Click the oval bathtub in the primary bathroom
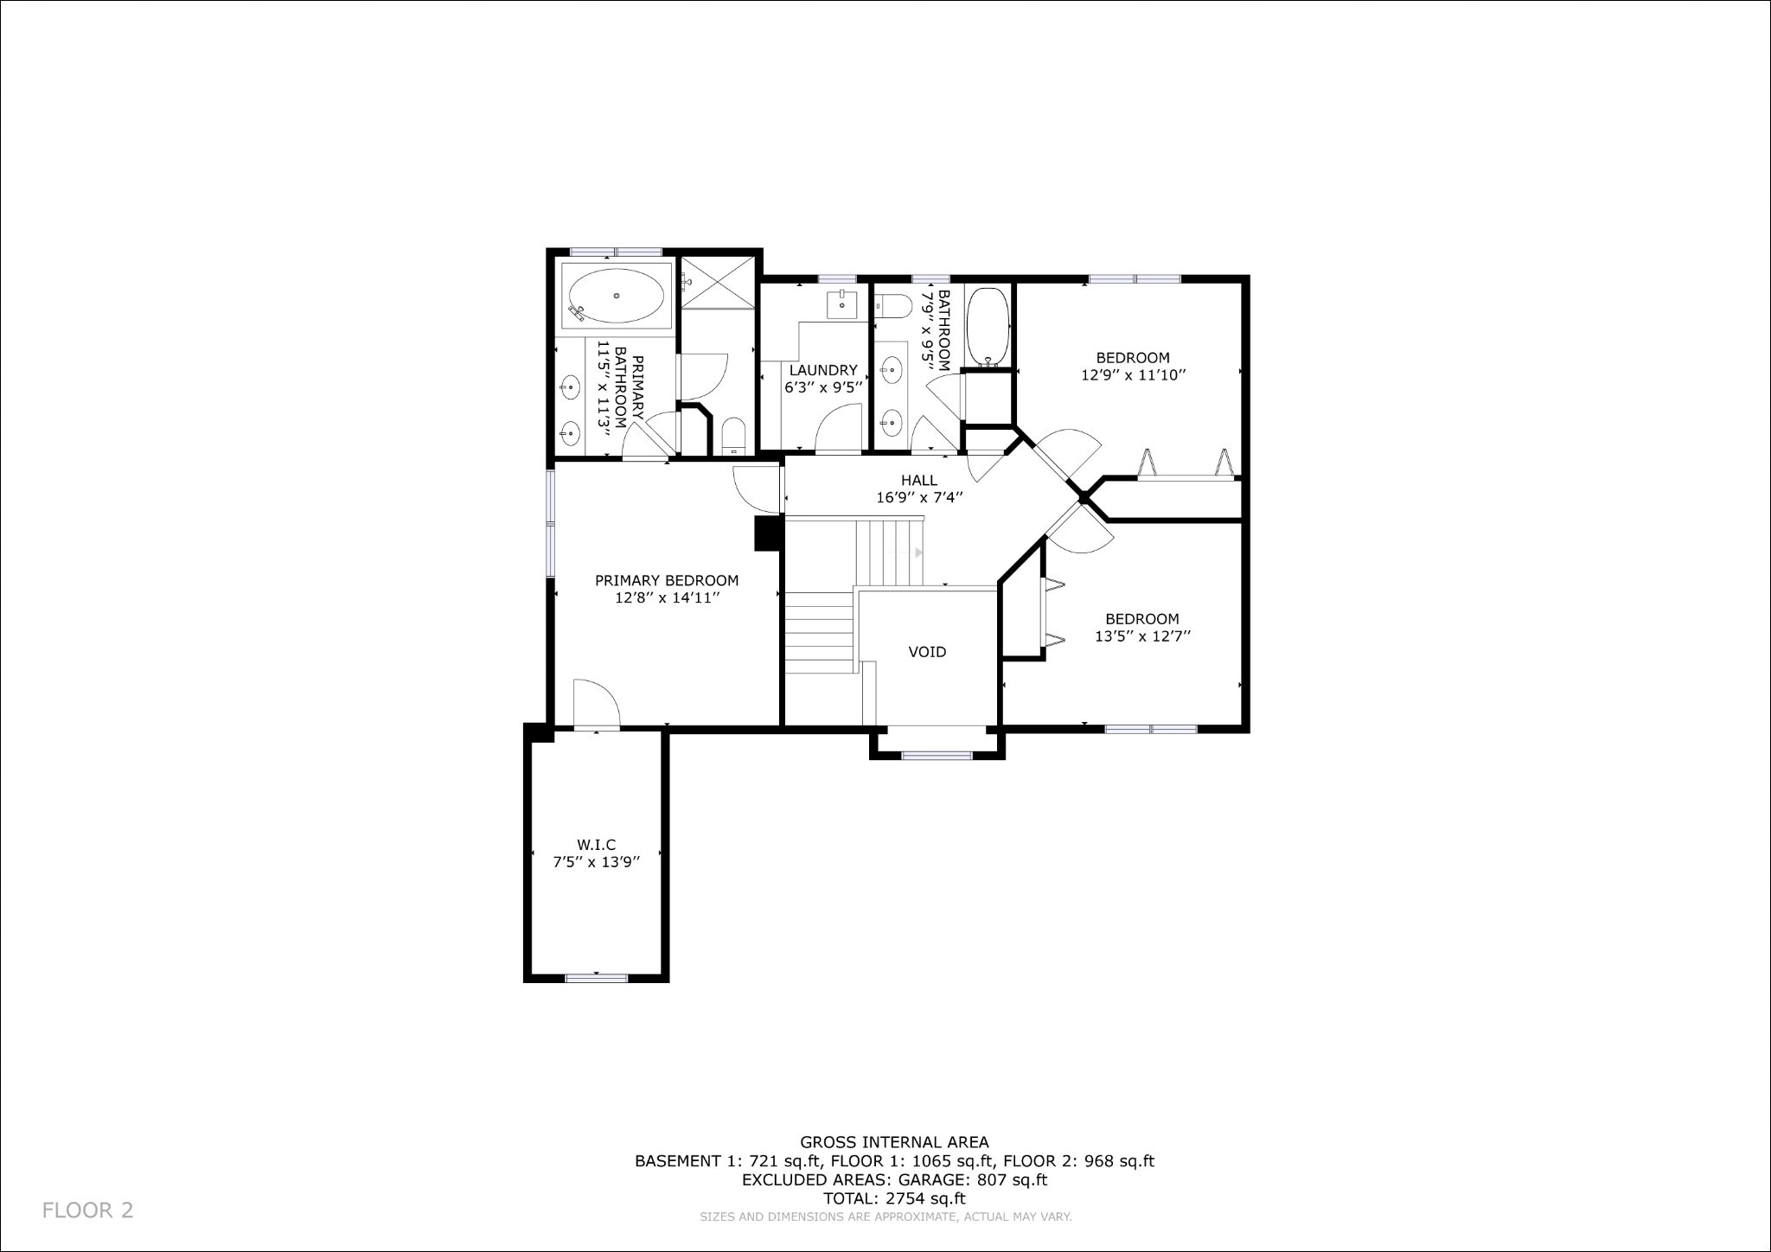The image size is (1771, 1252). point(617,296)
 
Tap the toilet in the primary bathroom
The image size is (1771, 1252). point(733,436)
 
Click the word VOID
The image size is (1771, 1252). point(927,652)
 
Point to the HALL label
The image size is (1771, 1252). point(918,481)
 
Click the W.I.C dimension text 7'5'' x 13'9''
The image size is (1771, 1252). point(596,861)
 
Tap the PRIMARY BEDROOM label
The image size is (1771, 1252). point(667,581)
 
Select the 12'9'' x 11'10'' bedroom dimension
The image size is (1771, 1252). point(1133,375)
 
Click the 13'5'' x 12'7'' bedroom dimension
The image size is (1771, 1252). point(1142,636)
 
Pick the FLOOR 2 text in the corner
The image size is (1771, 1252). point(88,1210)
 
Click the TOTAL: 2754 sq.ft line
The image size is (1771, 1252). point(895,1198)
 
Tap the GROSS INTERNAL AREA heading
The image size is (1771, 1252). point(895,1142)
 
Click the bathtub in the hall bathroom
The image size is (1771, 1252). point(987,327)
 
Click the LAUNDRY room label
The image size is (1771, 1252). point(822,370)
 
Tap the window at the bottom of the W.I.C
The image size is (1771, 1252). point(596,978)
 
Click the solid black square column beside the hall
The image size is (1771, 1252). point(768,533)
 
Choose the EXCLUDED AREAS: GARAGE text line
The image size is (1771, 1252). point(895,1179)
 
